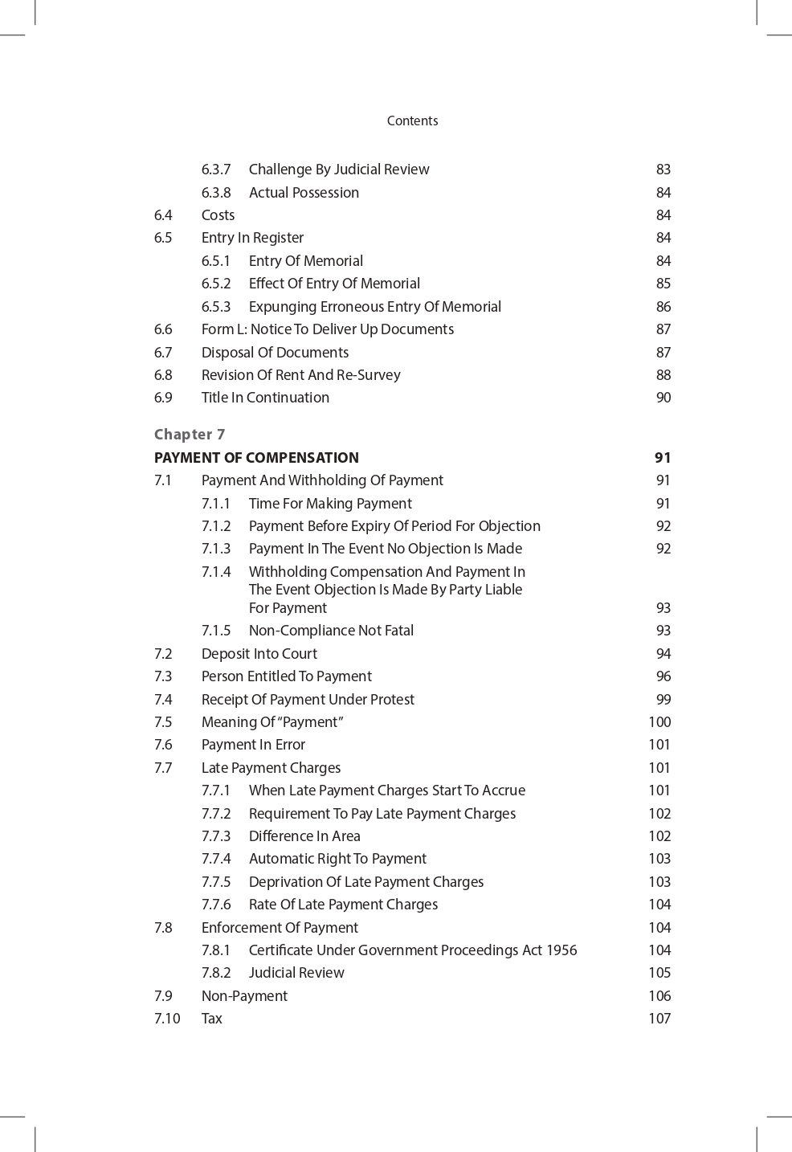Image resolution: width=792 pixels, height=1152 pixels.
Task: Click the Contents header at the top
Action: coord(412,121)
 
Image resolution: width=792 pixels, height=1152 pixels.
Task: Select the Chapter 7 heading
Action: coord(190,435)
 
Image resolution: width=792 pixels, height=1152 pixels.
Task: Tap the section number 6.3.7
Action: coord(216,170)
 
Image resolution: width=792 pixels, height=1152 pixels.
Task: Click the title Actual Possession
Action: coord(304,193)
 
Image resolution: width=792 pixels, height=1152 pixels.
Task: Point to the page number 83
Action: coord(663,170)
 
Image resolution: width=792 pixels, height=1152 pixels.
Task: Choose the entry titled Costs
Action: coord(218,215)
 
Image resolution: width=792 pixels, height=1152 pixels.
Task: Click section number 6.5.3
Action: coord(216,307)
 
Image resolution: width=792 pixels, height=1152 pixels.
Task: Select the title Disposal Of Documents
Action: coord(275,353)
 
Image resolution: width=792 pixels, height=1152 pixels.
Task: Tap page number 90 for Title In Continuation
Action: coord(663,398)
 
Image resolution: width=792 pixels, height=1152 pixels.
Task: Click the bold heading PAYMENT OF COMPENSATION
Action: coord(256,458)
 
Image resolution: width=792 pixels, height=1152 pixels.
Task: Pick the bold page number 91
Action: coord(662,458)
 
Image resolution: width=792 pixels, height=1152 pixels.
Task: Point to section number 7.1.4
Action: coord(216,572)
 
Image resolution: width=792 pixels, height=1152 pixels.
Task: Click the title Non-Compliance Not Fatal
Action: coord(331,631)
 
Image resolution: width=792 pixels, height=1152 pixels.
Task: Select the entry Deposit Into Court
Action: coord(259,654)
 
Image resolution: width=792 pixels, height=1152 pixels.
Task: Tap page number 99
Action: coord(663,700)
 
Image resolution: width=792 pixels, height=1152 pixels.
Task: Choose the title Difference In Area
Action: coord(304,836)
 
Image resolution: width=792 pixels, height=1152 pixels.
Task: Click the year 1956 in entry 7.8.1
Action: coord(561,950)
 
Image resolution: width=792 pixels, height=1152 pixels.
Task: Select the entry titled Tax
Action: coord(211,1019)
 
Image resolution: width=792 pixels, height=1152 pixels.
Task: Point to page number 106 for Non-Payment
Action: coord(659,996)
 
